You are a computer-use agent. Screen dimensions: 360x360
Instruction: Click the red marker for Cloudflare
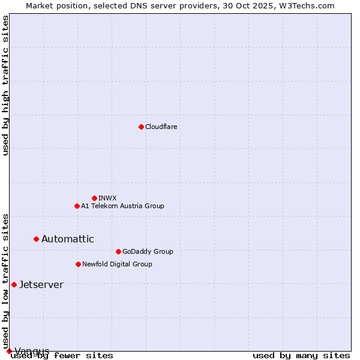[141, 127]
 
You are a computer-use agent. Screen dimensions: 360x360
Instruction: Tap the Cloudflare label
[161, 127]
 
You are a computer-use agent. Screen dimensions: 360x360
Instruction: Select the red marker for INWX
[94, 198]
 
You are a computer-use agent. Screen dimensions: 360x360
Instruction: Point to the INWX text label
[107, 198]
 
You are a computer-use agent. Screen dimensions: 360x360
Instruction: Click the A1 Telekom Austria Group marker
[77, 206]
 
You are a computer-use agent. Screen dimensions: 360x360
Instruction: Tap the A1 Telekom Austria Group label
[122, 206]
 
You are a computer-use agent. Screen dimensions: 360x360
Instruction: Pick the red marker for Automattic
[36, 239]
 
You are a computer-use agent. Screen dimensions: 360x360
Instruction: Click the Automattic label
[67, 239]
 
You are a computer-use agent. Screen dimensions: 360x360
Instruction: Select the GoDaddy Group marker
[118, 251]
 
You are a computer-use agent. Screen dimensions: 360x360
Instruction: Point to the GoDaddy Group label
[147, 251]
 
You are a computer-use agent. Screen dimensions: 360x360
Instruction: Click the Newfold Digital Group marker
[78, 264]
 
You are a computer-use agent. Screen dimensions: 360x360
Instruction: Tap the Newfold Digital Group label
[117, 264]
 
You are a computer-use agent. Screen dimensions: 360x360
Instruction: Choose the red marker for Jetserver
[14, 284]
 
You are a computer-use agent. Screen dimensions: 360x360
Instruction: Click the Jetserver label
[41, 284]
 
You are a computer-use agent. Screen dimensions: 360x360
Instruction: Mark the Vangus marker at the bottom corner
[9, 351]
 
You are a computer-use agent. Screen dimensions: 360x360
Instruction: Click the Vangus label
[32, 351]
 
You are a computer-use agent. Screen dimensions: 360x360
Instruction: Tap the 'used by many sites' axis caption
[301, 355]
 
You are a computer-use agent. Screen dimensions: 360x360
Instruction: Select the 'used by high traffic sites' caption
[5, 85]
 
